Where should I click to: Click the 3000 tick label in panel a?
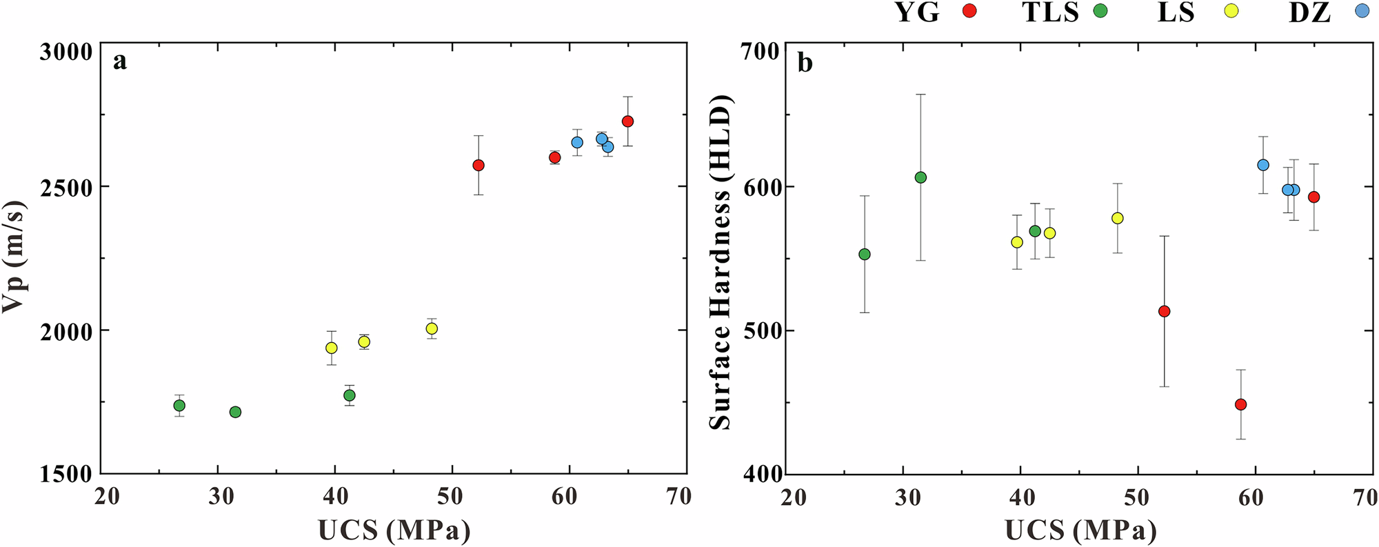click(x=65, y=52)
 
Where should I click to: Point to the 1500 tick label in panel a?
click(x=65, y=474)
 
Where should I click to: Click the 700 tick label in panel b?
click(x=761, y=52)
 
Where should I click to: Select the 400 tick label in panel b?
click(x=761, y=474)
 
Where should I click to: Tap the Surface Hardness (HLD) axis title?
click(x=720, y=262)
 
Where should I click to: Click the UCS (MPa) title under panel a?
click(x=394, y=530)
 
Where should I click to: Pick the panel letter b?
click(x=805, y=63)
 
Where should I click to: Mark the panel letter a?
click(x=120, y=62)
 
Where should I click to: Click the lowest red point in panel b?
click(x=1240, y=404)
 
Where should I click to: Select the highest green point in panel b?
click(x=920, y=177)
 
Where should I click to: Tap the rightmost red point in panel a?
click(x=627, y=121)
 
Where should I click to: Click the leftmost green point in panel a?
click(x=179, y=405)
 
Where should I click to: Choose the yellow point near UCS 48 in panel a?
click(x=432, y=328)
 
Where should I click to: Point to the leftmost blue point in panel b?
click(x=1263, y=165)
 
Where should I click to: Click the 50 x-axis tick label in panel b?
click(x=1138, y=497)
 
